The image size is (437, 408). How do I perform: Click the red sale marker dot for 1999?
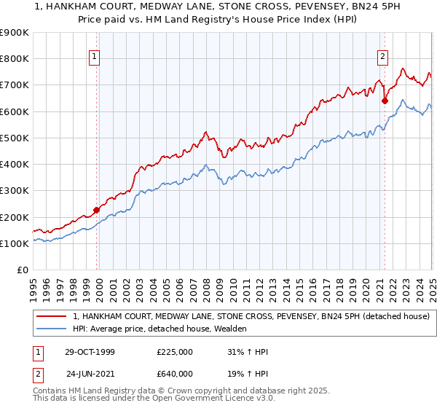pyautogui.click(x=97, y=211)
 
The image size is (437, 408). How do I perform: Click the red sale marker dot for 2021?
pyautogui.click(x=385, y=101)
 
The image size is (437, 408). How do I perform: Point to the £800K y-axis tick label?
pyautogui.click(x=14, y=59)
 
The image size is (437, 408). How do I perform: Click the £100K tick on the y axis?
pyautogui.click(x=14, y=243)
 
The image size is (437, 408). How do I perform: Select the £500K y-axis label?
pyautogui.click(x=14, y=138)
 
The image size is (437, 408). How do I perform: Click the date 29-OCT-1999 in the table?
pyautogui.click(x=90, y=352)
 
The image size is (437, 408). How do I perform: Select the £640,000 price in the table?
pyautogui.click(x=175, y=375)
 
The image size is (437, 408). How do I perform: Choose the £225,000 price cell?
pyautogui.click(x=175, y=352)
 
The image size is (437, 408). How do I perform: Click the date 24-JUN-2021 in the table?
pyautogui.click(x=90, y=375)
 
